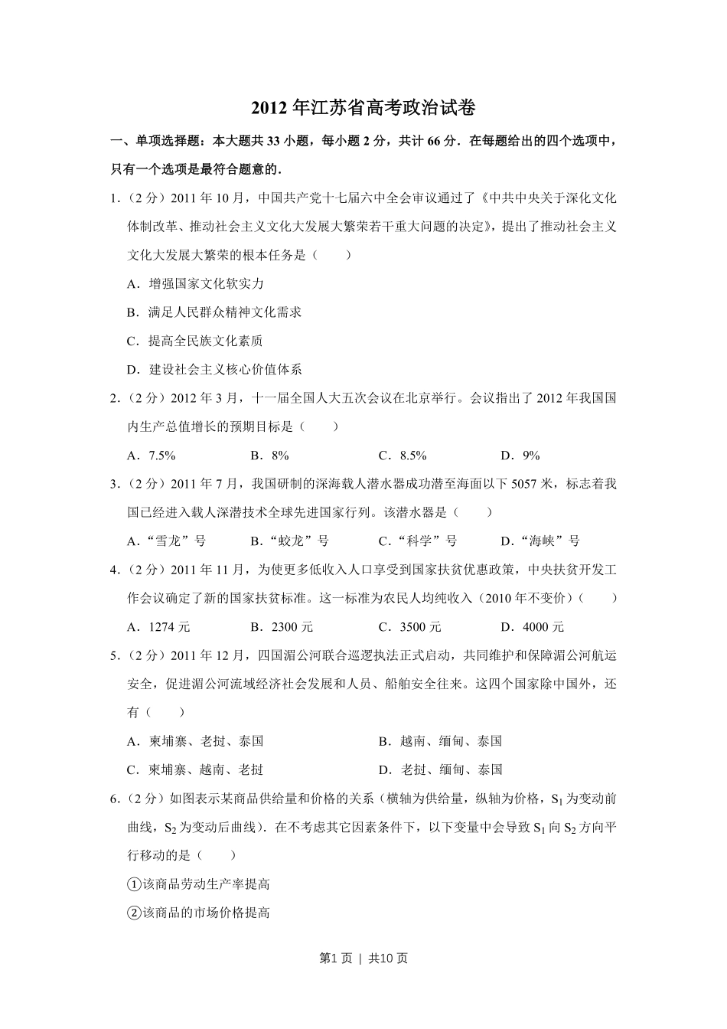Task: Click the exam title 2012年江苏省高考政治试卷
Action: tap(363, 108)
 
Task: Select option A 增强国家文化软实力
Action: tap(196, 284)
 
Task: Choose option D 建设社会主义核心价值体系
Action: tap(215, 370)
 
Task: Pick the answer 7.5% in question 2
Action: tap(152, 456)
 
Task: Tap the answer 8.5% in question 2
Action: tap(403, 456)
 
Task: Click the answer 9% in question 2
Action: tap(521, 456)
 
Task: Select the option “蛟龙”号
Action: tap(290, 541)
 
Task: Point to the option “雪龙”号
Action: tap(167, 541)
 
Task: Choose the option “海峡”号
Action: tap(540, 541)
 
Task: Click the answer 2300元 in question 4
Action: tap(282, 627)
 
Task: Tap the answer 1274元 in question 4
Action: tap(159, 627)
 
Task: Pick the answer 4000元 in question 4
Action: tap(533, 627)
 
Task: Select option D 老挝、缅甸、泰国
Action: tap(441, 769)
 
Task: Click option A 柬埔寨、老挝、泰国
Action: tap(196, 741)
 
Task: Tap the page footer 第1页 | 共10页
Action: tap(363, 958)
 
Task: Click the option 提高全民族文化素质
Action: tap(196, 341)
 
